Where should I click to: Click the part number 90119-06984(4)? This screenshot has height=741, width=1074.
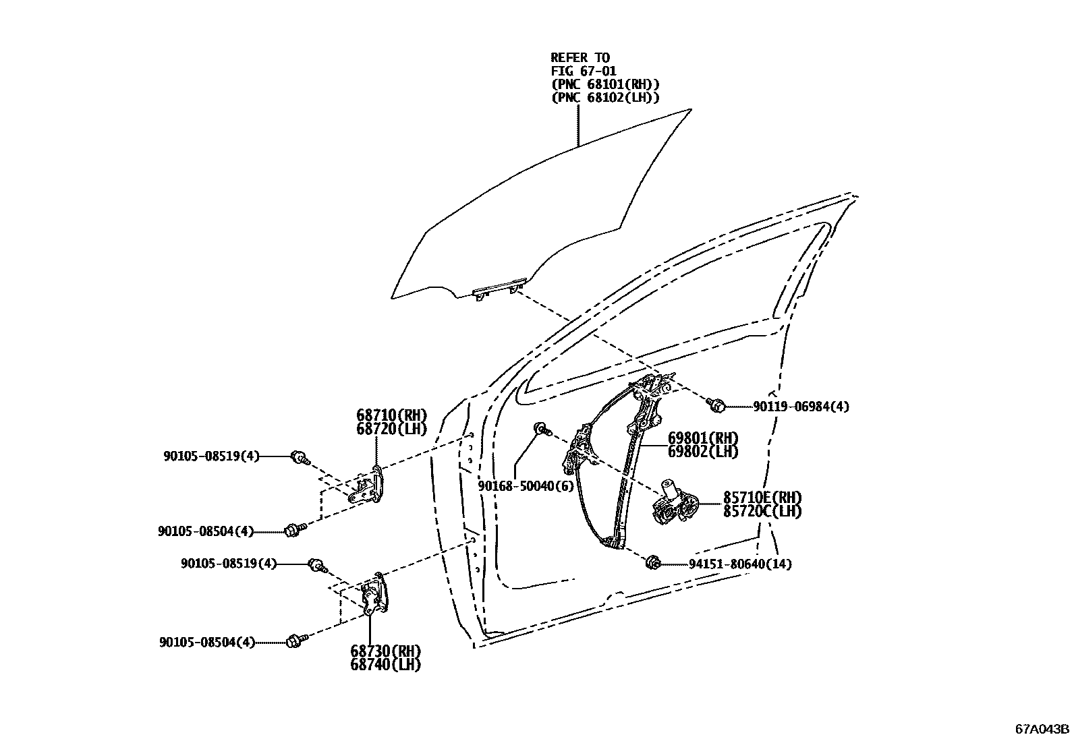(x=801, y=407)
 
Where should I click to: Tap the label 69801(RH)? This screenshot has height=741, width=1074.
(x=703, y=438)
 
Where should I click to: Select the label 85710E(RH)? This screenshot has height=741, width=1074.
(x=762, y=498)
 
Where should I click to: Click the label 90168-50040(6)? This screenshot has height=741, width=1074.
(x=517, y=485)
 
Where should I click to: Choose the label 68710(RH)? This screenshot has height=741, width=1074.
(x=392, y=415)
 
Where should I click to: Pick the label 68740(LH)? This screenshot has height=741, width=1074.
(x=385, y=665)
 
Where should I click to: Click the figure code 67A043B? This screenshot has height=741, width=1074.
(x=1043, y=729)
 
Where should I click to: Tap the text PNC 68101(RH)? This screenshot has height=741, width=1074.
(x=605, y=84)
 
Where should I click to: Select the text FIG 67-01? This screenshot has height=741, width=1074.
(x=584, y=71)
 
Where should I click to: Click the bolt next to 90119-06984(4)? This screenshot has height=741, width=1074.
(x=717, y=405)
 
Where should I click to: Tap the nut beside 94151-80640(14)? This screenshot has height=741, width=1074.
(x=652, y=562)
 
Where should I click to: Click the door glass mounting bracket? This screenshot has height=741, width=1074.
(x=499, y=289)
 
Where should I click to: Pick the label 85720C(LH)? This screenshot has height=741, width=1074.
(x=762, y=511)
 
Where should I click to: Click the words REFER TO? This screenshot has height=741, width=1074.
(x=580, y=58)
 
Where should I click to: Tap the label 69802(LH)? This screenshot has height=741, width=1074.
(x=703, y=452)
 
